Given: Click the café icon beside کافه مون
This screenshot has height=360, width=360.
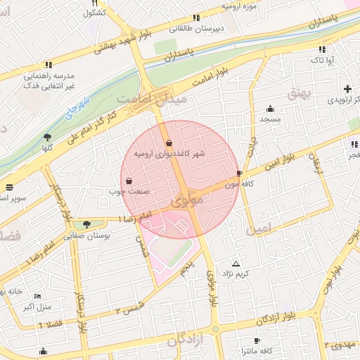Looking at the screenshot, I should (x=240, y=173).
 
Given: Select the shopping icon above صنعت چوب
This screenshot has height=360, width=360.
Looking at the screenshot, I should (x=128, y=181).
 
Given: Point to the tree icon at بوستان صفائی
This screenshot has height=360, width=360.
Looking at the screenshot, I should (x=86, y=225).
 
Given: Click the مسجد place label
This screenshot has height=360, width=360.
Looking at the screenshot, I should (x=270, y=120).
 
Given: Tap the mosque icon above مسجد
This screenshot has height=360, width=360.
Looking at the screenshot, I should (x=270, y=108).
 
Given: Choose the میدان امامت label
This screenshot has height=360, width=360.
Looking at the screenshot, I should (x=153, y=100).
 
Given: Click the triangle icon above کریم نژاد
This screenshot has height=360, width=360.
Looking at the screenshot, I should (x=236, y=263).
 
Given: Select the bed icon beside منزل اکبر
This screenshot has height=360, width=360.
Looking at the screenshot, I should (x=37, y=297).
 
